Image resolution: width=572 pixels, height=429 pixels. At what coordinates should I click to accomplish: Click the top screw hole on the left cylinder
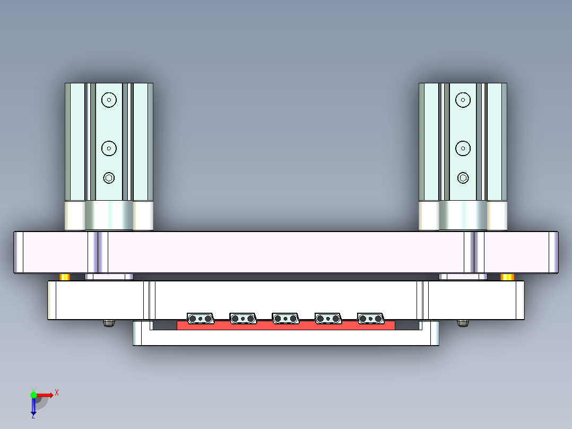(109, 99)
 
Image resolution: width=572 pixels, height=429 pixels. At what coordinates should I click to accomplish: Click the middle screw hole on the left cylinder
(109, 148)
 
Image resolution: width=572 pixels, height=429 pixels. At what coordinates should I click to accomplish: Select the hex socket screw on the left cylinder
(109, 177)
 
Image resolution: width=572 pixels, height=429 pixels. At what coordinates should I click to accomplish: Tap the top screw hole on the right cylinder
(463, 99)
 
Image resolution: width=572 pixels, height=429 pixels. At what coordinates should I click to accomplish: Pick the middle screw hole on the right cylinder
(463, 148)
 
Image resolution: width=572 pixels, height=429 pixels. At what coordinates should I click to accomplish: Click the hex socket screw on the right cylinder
(463, 177)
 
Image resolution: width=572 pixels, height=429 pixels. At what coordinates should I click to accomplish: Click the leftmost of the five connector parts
(200, 318)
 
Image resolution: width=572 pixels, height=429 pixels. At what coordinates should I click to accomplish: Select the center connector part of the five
(285, 318)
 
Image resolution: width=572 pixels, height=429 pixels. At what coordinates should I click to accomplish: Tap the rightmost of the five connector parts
(370, 318)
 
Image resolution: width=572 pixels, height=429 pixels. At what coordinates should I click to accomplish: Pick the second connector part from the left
(243, 318)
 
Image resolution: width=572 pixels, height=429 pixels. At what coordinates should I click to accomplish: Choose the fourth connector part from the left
(328, 318)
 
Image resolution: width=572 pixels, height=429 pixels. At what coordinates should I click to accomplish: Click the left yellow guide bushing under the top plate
(64, 277)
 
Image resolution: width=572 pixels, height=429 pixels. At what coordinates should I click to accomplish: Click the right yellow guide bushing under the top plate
(507, 277)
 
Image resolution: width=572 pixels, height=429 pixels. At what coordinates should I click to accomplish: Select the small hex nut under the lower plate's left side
(109, 323)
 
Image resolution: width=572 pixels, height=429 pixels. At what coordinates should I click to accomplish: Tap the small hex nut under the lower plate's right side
(463, 323)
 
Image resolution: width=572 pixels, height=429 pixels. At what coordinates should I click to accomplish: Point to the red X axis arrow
(46, 395)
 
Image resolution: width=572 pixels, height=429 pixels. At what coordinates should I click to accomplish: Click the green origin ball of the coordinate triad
(33, 394)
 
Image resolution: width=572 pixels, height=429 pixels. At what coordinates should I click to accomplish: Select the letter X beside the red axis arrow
(56, 392)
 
